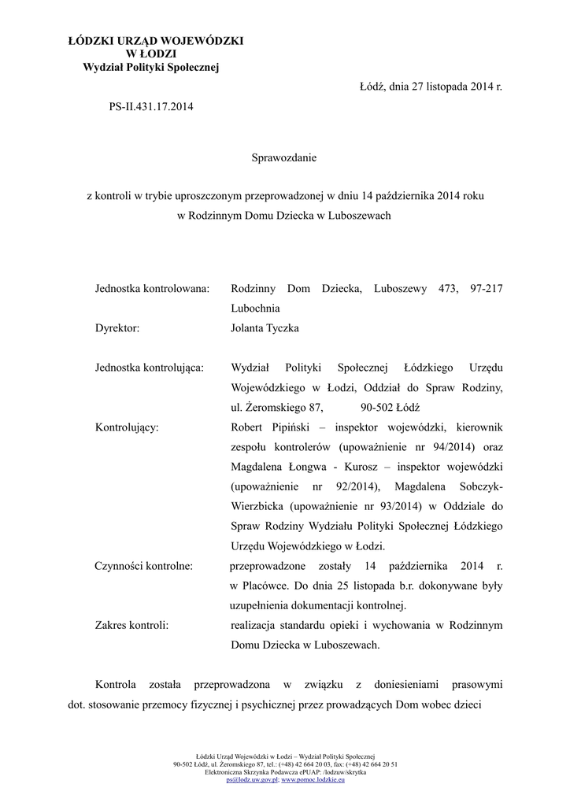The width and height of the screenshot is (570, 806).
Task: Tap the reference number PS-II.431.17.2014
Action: click(151, 105)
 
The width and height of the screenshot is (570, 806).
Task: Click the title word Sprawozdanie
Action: click(283, 158)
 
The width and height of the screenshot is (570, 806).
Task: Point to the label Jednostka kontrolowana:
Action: click(152, 289)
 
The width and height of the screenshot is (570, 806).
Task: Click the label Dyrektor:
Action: click(117, 328)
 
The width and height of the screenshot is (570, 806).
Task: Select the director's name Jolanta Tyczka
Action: click(265, 328)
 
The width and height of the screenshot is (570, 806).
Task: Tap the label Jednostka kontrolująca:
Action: click(150, 368)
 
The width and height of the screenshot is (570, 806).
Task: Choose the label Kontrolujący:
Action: click(126, 427)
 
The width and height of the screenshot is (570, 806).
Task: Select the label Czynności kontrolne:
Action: click(145, 566)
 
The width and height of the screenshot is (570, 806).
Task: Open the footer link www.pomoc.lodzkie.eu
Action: click(313, 779)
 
